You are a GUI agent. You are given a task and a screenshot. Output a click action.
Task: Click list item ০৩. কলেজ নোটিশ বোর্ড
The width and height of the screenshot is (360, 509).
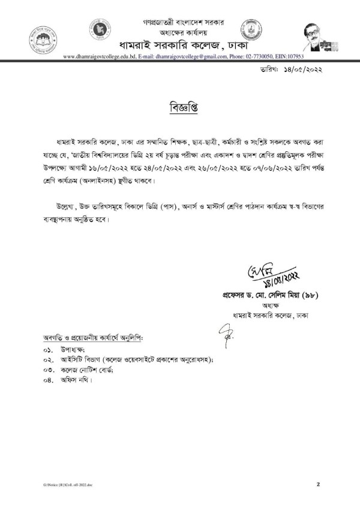(x=79, y=369)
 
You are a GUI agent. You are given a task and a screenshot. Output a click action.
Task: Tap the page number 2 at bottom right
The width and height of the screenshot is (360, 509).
(x=318, y=483)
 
